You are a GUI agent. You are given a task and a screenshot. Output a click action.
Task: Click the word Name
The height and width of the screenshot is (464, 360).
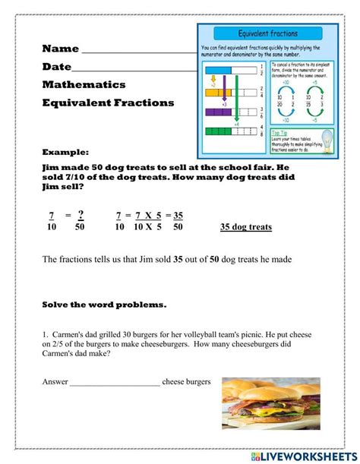(61, 49)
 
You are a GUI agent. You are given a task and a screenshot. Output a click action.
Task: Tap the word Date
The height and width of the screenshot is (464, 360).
(57, 67)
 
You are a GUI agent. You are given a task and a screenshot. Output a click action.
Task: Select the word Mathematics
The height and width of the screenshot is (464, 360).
(84, 85)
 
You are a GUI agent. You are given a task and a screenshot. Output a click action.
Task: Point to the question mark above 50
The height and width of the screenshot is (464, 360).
(80, 215)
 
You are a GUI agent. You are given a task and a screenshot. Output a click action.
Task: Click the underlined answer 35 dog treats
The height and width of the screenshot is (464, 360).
(245, 227)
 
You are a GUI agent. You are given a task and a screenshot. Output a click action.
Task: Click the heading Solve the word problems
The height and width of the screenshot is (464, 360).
(104, 305)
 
